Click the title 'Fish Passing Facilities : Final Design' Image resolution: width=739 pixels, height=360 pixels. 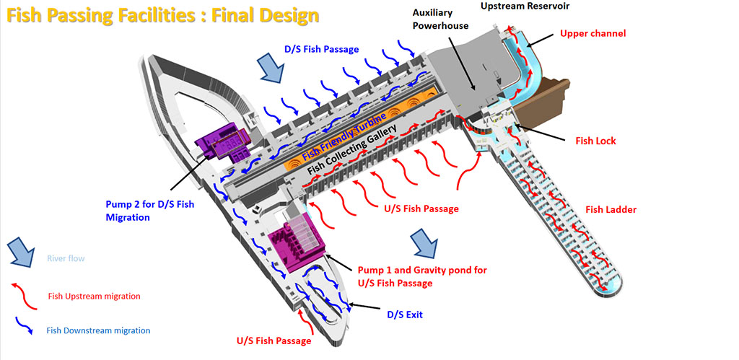[x=163, y=15]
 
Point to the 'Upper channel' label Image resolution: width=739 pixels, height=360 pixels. [x=592, y=33]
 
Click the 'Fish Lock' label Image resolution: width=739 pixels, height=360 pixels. [x=595, y=141]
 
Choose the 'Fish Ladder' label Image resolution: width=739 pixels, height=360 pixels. [x=611, y=210]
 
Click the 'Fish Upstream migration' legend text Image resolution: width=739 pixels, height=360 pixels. [x=94, y=296]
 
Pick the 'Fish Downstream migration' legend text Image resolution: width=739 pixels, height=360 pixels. [x=98, y=330]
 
